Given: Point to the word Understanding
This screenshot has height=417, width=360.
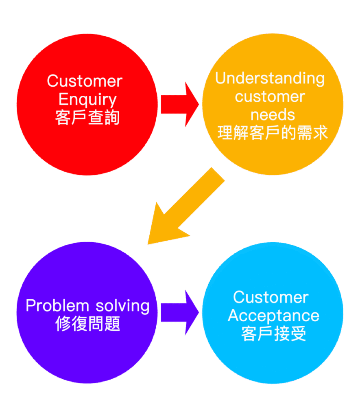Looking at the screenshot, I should coord(270,78).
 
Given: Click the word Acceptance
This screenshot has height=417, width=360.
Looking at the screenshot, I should coord(273,316).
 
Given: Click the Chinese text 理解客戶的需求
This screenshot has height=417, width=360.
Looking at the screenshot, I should coord(273,133).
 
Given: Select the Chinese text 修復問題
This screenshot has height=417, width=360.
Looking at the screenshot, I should coord(87,325).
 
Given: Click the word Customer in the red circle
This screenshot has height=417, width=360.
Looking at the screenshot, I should coord(85,81).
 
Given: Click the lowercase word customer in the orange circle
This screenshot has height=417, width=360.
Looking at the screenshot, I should coord(270,97).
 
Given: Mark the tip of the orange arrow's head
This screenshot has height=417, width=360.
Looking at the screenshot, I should coord(148,244).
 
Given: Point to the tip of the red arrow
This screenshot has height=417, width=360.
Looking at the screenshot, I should coord(199,104).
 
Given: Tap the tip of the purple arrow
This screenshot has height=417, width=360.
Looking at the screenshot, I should coord(199,312).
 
